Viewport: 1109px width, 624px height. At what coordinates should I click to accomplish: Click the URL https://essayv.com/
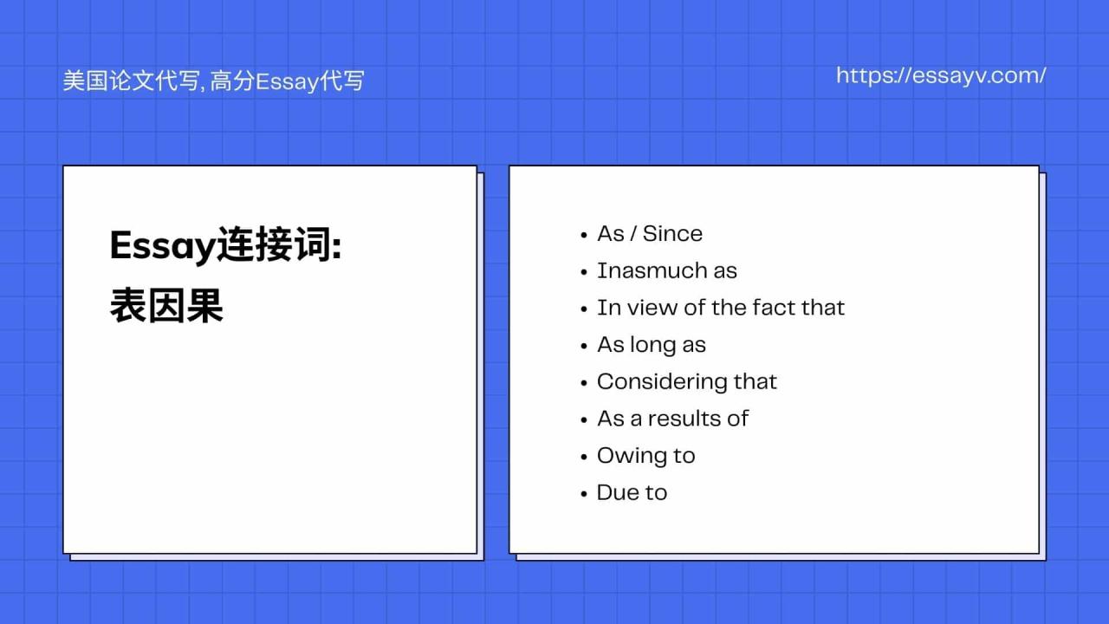941,75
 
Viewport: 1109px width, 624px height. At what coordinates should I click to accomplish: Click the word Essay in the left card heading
162,247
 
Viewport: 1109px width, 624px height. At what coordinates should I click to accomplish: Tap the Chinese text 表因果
166,306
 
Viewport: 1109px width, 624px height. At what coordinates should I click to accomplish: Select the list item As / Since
649,234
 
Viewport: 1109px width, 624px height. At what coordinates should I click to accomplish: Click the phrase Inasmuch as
666,271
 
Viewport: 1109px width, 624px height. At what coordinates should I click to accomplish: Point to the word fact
774,308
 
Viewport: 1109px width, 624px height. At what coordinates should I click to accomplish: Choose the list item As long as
651,345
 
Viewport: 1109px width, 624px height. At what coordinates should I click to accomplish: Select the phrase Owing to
645,456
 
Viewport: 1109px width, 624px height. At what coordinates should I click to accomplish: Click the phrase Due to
632,493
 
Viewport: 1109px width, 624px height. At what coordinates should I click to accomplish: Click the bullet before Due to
585,494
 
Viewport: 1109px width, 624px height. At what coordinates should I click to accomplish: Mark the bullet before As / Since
585,235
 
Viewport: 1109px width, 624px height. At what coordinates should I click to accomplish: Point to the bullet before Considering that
585,383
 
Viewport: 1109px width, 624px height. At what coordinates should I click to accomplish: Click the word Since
672,234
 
